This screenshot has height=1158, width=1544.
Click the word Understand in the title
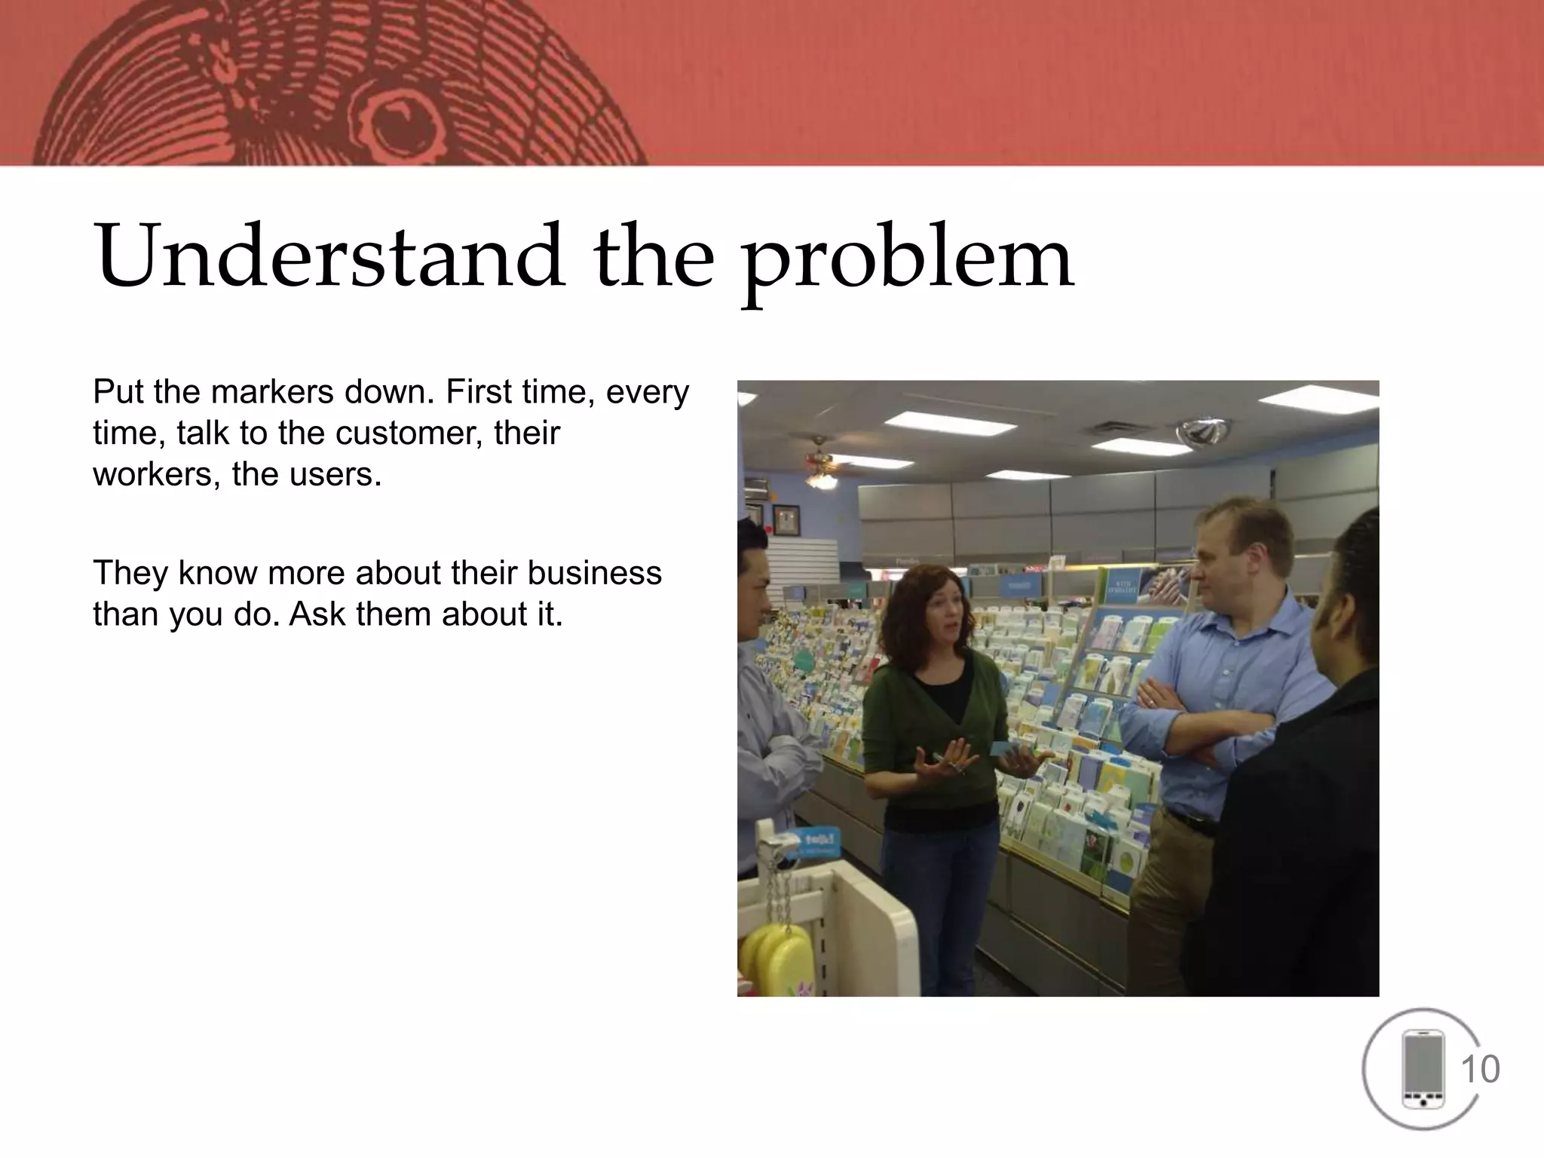(329, 256)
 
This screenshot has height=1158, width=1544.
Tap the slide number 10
(1480, 1070)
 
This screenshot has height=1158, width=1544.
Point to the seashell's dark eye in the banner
(408, 121)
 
